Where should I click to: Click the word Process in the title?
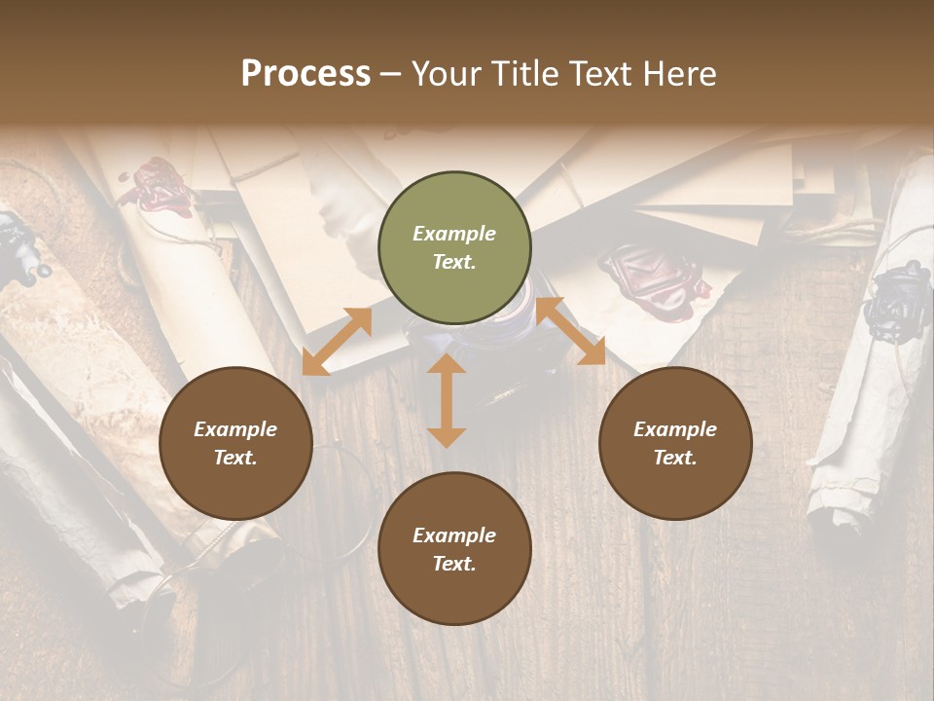pyautogui.click(x=305, y=74)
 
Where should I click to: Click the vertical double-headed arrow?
pyautogui.click(x=447, y=400)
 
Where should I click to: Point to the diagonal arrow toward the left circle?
pyautogui.click(x=337, y=342)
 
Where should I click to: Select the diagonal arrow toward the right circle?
pyautogui.click(x=570, y=332)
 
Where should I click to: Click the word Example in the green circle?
pyautogui.click(x=454, y=234)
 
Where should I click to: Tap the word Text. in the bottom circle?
pyautogui.click(x=454, y=564)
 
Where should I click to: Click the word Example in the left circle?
pyautogui.click(x=235, y=429)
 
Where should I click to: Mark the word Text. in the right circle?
pyautogui.click(x=675, y=458)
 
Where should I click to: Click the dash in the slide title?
pyautogui.click(x=390, y=74)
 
